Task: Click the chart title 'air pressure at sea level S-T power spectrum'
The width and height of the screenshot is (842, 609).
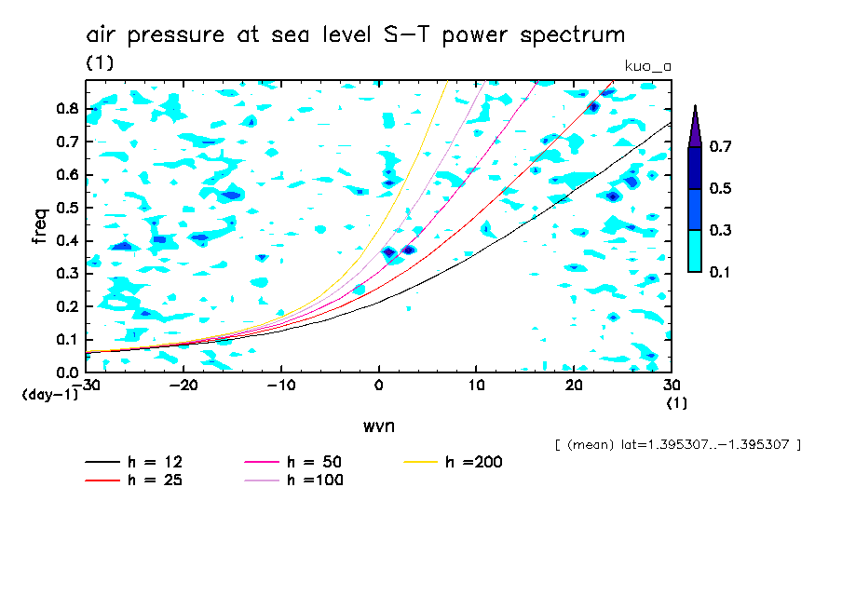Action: pyautogui.click(x=356, y=35)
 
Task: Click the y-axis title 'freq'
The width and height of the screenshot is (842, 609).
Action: pyautogui.click(x=39, y=226)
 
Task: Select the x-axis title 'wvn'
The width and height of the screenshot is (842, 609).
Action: pyautogui.click(x=377, y=426)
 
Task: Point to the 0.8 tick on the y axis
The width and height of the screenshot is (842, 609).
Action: pyautogui.click(x=67, y=108)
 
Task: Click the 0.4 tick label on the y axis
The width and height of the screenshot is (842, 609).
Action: pyautogui.click(x=67, y=241)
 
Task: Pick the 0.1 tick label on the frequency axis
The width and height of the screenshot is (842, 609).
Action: pyautogui.click(x=67, y=340)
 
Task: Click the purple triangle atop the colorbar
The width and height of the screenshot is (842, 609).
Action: pyautogui.click(x=695, y=126)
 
